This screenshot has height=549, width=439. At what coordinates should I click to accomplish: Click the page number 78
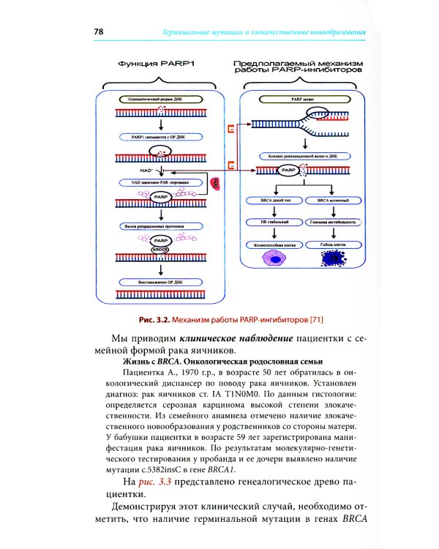pos(99,31)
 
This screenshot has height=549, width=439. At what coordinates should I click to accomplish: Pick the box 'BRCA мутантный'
pos(336,200)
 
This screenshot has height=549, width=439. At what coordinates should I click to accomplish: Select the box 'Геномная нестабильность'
pos(336,222)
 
